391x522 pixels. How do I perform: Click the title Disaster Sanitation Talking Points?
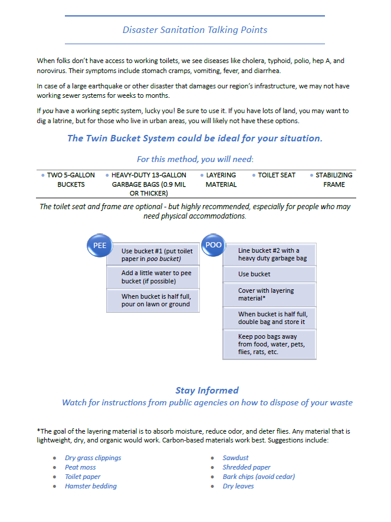pos(195,30)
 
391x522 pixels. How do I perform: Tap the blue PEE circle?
pos(100,246)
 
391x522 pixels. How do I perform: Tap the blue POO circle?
pos(213,245)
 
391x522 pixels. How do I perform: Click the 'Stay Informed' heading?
pos(207,390)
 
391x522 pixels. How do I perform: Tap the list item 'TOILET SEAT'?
pos(276,175)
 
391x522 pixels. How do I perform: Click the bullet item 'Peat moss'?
pos(80,467)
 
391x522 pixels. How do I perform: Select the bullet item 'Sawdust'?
pos(235,458)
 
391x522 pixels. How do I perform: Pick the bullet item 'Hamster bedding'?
pos(91,486)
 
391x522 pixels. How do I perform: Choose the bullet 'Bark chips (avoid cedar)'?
pos(258,477)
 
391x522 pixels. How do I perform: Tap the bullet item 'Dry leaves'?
pos(238,486)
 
